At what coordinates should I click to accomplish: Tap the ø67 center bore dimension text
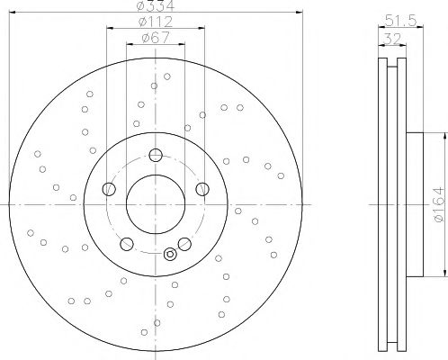pyautogui.click(x=155, y=39)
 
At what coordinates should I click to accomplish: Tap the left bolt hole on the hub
pyautogui.click(x=109, y=189)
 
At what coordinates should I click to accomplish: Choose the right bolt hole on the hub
pyautogui.click(x=202, y=189)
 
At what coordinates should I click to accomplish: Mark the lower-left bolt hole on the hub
pyautogui.click(x=126, y=243)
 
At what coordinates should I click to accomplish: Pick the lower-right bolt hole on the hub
pyautogui.click(x=184, y=243)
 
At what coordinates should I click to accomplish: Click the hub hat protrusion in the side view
pyautogui.click(x=414, y=204)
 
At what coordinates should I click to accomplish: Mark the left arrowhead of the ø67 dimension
pyautogui.click(x=128, y=45)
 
